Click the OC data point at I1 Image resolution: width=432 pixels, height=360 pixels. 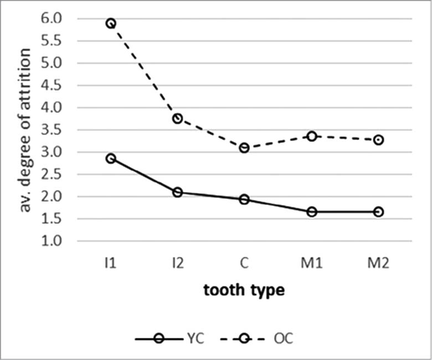[x=111, y=23]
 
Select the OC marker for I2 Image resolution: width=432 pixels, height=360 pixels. [x=177, y=119]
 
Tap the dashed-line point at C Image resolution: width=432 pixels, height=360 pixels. [x=244, y=148]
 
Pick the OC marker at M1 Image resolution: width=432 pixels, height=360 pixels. [x=311, y=136]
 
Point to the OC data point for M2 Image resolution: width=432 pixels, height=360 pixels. [x=378, y=140]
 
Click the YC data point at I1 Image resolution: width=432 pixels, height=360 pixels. [x=111, y=158]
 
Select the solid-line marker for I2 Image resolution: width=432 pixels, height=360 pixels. [x=177, y=192]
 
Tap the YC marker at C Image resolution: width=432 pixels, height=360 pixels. [x=244, y=199]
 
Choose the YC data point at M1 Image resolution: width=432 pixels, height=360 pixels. [x=311, y=212]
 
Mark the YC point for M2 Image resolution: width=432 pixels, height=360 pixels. [x=378, y=212]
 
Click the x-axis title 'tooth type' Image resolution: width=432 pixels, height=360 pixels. [x=244, y=290]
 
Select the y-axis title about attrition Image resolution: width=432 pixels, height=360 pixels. [x=25, y=130]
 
